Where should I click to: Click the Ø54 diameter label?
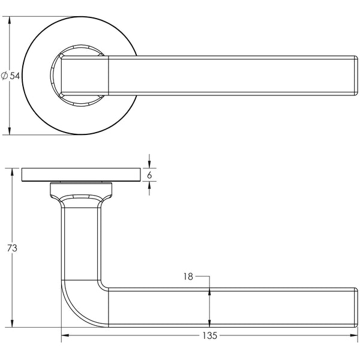click(x=11, y=76)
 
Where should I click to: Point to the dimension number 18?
click(x=188, y=277)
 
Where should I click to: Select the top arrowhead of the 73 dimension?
click(x=11, y=173)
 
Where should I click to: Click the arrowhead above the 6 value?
click(x=149, y=164)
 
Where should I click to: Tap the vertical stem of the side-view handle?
click(x=80, y=240)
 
